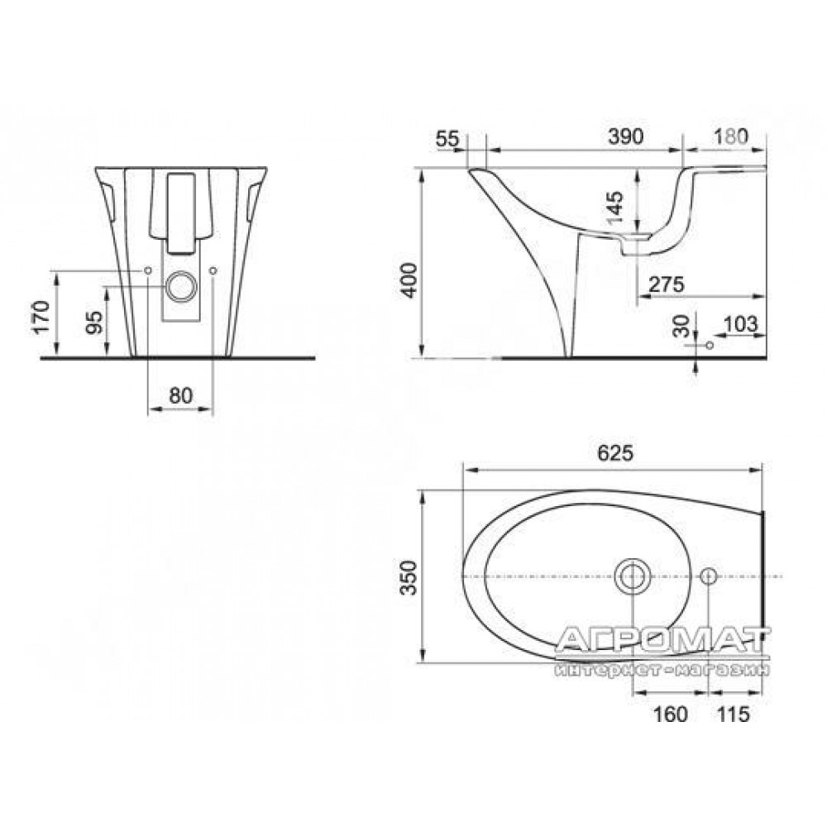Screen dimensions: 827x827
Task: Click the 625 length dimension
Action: click(x=615, y=452)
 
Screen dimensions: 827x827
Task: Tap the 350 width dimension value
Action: click(x=409, y=577)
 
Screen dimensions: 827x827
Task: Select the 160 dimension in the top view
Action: click(x=671, y=715)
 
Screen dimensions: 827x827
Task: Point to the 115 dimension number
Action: click(x=733, y=715)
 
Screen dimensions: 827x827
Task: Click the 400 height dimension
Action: click(x=409, y=280)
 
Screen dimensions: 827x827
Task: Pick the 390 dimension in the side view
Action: click(x=626, y=136)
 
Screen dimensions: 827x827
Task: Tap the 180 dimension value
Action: click(x=731, y=136)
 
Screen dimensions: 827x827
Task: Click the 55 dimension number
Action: click(x=447, y=139)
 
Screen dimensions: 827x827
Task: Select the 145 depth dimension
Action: click(x=615, y=207)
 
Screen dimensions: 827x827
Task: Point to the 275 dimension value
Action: click(x=666, y=284)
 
